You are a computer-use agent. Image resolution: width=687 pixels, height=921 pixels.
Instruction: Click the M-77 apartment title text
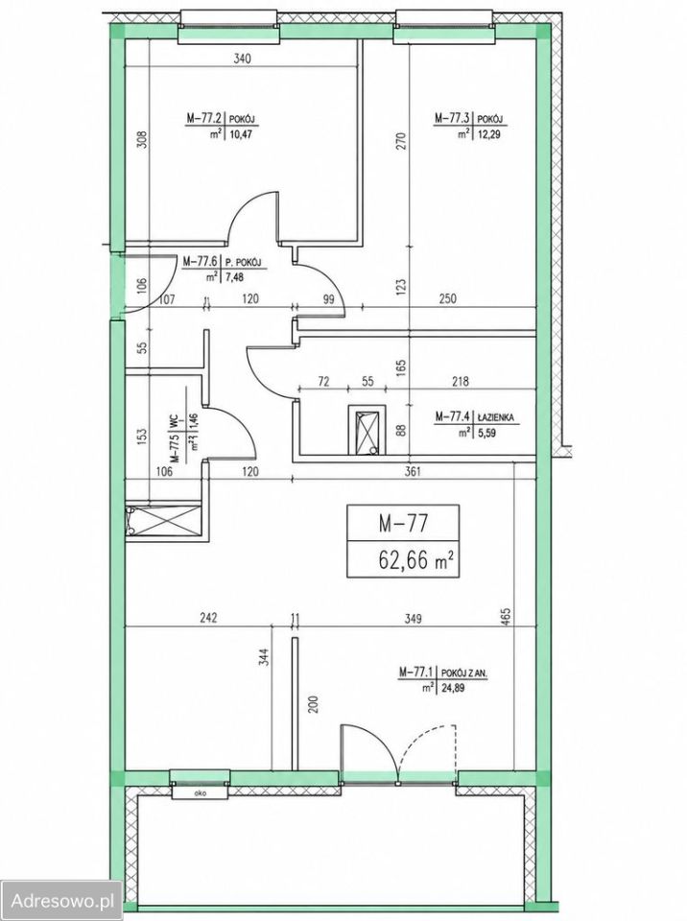point(402,523)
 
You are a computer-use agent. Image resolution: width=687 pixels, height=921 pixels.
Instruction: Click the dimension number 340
point(242,59)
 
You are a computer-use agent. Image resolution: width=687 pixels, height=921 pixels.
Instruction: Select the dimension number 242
point(208,618)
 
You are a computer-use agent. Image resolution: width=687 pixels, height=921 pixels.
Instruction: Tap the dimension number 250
point(448,299)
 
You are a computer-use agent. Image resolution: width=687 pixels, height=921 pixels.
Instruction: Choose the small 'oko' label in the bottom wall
point(199,792)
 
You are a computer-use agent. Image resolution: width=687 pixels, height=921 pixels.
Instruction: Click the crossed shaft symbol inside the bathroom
point(367,429)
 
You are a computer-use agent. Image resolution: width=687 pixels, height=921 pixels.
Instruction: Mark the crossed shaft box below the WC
point(164,520)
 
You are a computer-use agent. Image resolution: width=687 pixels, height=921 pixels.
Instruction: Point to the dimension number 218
point(461,382)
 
